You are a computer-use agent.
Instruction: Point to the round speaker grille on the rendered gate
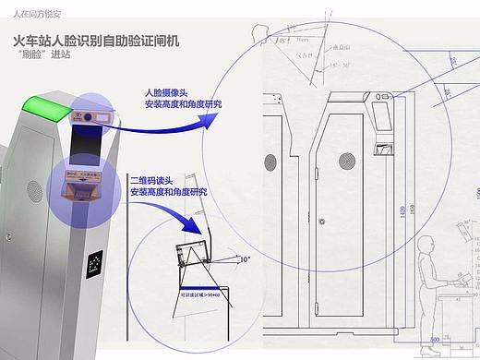(x=34, y=191)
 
